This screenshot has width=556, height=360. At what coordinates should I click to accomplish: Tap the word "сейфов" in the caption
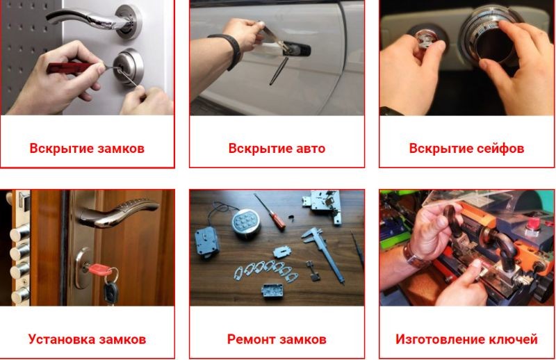(x=500, y=148)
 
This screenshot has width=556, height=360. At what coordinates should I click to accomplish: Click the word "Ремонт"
(x=250, y=339)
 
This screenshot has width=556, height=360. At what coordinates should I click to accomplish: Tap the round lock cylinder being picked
(x=128, y=67)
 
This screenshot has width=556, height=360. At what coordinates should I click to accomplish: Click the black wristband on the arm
(x=228, y=50)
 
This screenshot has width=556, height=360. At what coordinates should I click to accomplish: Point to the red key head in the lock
(x=100, y=269)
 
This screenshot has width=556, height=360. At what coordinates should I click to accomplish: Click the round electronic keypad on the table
(x=246, y=222)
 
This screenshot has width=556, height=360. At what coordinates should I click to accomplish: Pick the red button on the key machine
(x=532, y=224)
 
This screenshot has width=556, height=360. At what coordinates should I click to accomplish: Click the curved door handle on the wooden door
(x=117, y=212)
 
